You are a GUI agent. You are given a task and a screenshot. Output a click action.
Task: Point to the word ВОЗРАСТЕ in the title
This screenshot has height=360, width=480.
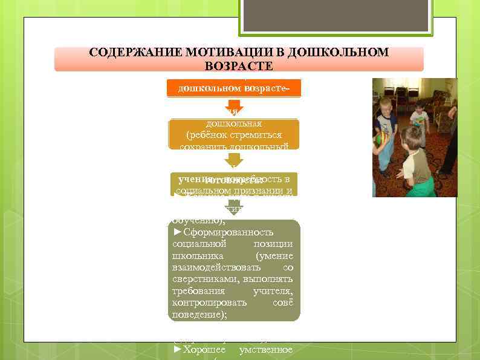239,65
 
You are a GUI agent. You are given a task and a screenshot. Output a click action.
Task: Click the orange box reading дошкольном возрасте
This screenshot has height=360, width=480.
234,88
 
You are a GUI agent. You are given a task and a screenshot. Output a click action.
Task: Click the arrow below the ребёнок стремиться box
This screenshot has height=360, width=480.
235,160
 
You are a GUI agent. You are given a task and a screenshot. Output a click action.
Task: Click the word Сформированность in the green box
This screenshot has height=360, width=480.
228,232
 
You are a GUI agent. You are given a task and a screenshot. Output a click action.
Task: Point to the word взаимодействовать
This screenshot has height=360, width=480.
216,267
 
